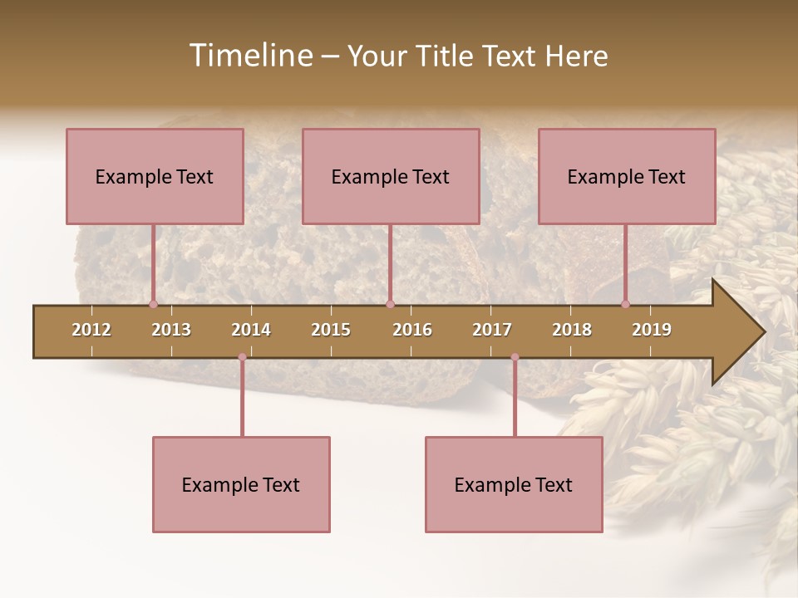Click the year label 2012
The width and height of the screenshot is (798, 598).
pos(91,330)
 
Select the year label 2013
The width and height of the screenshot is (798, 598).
pos(171,330)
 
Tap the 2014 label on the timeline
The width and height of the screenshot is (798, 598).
pos(251,330)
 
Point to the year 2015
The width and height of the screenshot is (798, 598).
pos(331,330)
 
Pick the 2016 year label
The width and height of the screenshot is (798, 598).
pos(412,330)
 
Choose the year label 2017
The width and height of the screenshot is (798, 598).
pos(492,330)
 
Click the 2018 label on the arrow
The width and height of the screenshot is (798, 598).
pos(572,330)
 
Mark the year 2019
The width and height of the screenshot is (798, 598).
pos(652,330)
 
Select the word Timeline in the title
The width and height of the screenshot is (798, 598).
pos(249,56)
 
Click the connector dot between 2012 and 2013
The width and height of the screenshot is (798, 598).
pos(153,304)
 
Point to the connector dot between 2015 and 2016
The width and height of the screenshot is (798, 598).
pos(390,304)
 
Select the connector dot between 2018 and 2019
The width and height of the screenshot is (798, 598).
pos(626,304)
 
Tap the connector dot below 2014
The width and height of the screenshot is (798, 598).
pos(242,357)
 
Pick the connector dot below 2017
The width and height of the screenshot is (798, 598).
pos(515,357)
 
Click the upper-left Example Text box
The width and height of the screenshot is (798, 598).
pos(155,176)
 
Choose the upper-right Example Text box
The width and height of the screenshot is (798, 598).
pos(627,176)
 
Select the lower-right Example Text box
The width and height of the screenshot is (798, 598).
pos(514,484)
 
